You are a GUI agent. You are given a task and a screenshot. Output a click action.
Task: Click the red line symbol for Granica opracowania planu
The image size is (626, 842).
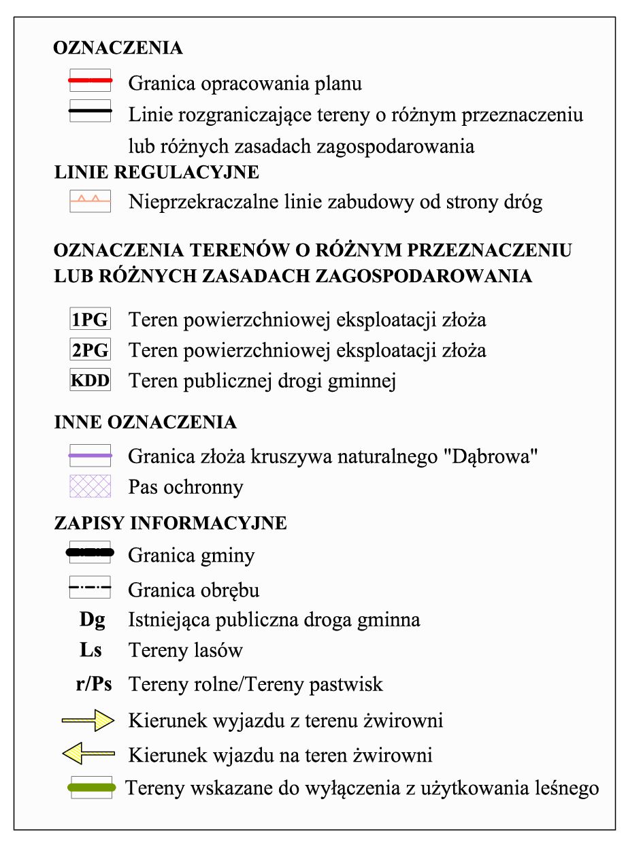coord(90,81)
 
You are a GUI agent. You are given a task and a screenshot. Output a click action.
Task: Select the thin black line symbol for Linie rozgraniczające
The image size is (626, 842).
coord(90,111)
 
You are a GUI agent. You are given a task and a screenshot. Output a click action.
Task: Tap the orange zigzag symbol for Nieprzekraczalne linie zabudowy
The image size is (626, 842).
coord(90,201)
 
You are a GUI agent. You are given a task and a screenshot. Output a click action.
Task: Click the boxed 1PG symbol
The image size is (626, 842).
coord(90,319)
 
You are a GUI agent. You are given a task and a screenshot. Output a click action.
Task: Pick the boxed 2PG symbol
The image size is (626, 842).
coord(90,350)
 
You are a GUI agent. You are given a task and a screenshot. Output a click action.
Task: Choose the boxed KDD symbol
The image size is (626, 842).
coord(90,380)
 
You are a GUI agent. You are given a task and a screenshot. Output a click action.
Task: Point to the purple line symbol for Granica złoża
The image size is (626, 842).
coord(90,454)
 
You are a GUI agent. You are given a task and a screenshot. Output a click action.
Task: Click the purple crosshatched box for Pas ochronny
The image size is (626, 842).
coord(90,486)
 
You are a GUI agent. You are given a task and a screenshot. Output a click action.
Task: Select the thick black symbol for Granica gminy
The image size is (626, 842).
coord(90,552)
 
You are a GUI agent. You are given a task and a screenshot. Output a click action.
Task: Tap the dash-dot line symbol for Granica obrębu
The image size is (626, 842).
coord(90,587)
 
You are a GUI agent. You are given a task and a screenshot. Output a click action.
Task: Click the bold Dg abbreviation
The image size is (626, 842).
coord(92,620)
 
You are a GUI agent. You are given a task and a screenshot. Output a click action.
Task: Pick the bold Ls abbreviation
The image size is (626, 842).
coord(90,650)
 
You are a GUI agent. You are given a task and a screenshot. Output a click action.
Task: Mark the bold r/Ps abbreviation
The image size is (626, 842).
coord(93,684)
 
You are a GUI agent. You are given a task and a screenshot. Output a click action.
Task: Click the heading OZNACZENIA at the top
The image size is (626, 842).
coord(118,48)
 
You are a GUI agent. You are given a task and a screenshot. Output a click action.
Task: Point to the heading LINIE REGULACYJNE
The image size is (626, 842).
coord(156,172)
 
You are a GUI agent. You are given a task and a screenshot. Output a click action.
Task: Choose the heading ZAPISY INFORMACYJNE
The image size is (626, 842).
coord(170,523)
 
